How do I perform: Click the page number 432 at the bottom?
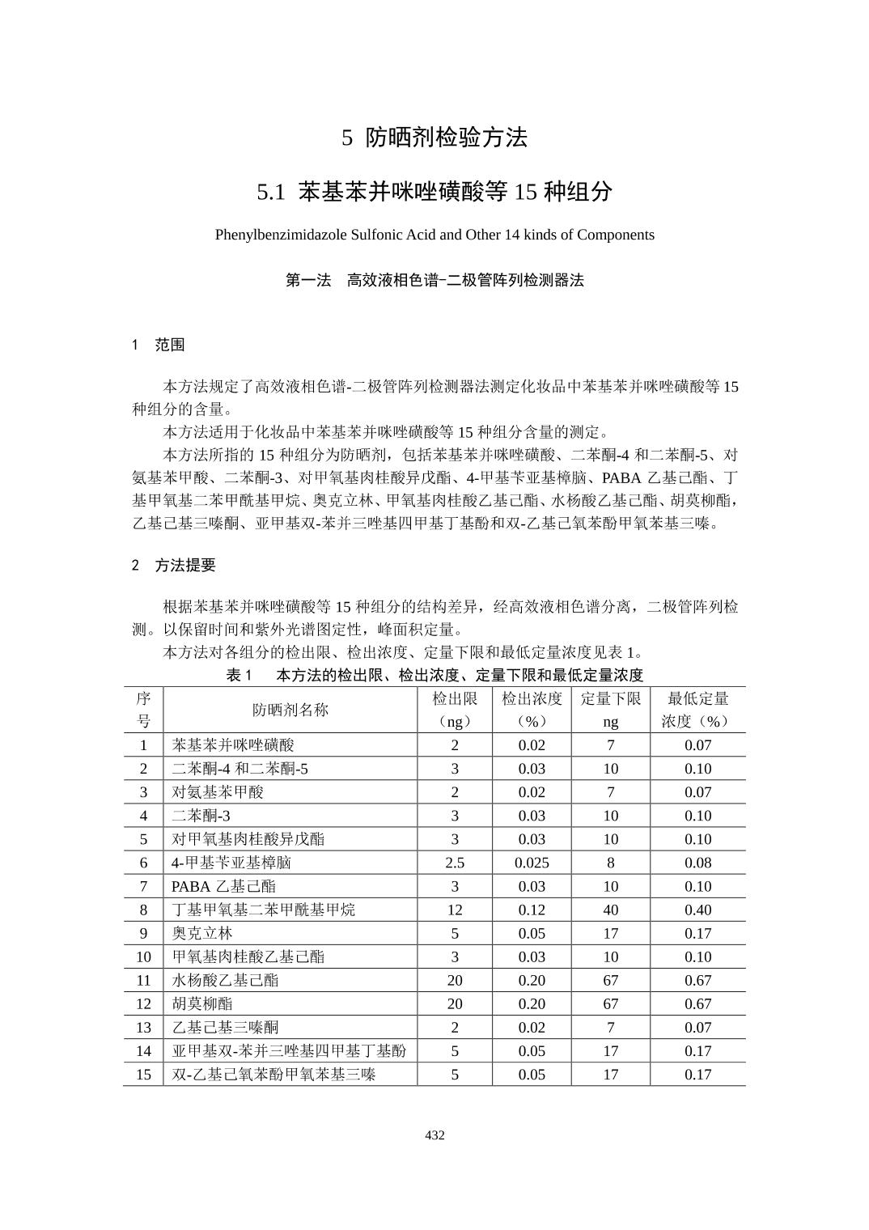[x=434, y=1135]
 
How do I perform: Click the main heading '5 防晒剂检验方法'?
[x=434, y=138]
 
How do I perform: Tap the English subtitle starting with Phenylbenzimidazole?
[x=434, y=235]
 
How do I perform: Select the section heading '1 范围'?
[x=159, y=345]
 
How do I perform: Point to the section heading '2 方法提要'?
[x=174, y=566]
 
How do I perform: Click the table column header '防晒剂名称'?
[x=290, y=710]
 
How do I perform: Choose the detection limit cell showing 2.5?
[x=455, y=863]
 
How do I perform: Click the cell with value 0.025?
[x=532, y=863]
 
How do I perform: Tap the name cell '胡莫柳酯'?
[x=202, y=1003]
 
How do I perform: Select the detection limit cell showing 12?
[x=455, y=910]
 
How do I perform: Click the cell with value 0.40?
[x=697, y=910]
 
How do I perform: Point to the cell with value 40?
[x=610, y=910]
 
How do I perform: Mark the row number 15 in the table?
[x=143, y=1075]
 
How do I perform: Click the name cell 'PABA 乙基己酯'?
[x=223, y=886]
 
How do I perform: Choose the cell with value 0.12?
[x=532, y=910]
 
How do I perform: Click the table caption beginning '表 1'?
[x=434, y=675]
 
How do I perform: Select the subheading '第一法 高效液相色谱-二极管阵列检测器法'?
[x=434, y=281]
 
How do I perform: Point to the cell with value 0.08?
[x=697, y=863]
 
